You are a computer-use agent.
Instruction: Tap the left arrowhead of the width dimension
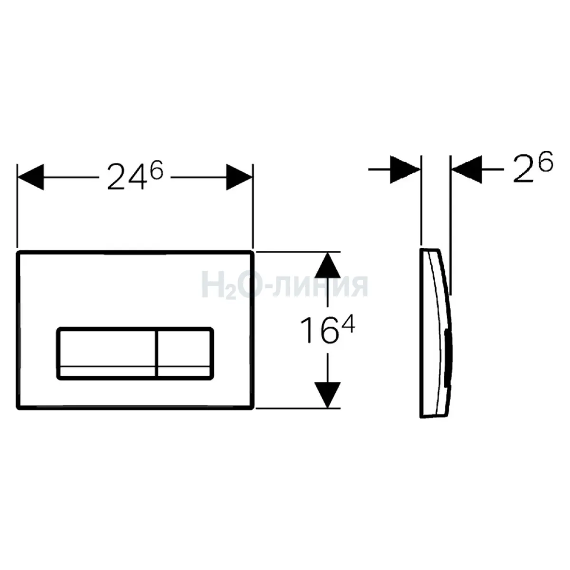[31, 177]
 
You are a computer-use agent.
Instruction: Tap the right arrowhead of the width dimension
[239, 177]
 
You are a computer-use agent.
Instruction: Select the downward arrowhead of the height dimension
[327, 395]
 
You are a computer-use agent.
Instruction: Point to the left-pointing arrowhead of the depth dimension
[467, 170]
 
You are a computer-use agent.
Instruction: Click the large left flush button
[106, 353]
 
